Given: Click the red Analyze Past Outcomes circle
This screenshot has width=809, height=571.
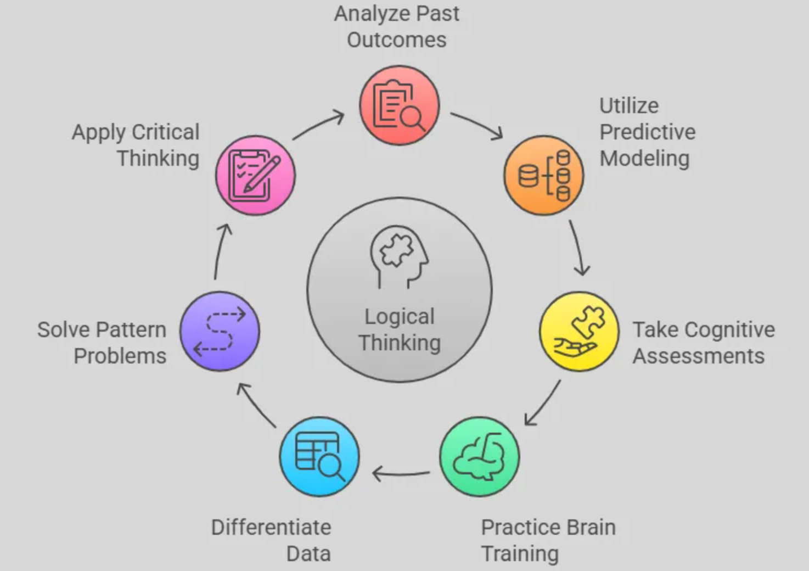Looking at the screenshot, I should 399,105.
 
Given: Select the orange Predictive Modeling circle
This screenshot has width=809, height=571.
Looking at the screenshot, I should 543,175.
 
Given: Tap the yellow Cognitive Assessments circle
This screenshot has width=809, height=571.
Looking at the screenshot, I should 579,331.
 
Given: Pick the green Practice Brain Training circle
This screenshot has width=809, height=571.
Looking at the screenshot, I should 479,456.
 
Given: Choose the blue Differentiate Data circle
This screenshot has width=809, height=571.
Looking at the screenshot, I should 319,456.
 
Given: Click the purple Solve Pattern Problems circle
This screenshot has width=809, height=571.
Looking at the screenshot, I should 220,331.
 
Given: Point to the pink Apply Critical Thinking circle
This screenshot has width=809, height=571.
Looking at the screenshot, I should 255,175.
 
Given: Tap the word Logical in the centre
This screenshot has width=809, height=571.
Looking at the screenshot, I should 399,317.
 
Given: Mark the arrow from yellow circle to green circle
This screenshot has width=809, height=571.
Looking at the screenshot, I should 543,403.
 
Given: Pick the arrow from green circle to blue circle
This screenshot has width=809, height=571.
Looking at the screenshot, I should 401,473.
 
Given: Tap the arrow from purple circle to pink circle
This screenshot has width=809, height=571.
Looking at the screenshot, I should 221,251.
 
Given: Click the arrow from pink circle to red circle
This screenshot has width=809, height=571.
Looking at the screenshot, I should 318,126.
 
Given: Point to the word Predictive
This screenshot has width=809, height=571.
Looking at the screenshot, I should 647,132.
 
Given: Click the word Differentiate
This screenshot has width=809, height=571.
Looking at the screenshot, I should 271,527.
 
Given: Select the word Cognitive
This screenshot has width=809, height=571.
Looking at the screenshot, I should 730,329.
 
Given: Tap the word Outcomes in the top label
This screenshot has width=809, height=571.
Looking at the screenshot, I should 396,40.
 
